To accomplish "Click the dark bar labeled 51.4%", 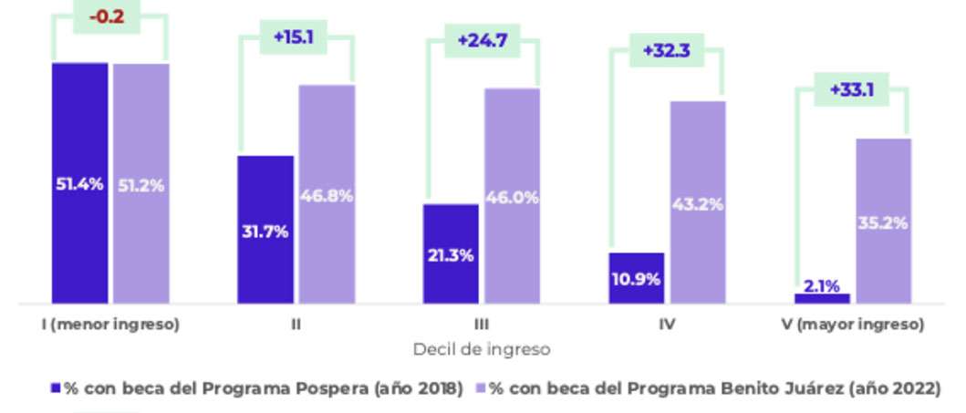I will (x=79, y=182).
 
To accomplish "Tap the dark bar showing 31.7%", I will (x=265, y=230).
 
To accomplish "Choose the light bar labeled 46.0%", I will (x=512, y=195).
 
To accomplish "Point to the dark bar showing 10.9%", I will (x=637, y=277).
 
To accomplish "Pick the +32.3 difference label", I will (x=666, y=50).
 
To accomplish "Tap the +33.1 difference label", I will (x=852, y=90).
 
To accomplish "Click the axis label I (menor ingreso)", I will (x=110, y=325).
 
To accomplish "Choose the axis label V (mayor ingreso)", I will (x=853, y=325).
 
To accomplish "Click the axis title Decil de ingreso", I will (x=482, y=349).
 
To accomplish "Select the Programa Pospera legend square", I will (x=56, y=387).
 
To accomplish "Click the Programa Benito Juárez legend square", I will (x=481, y=387).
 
